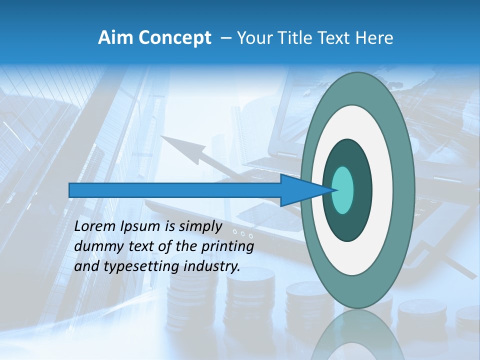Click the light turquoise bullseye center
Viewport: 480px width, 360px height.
342,190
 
